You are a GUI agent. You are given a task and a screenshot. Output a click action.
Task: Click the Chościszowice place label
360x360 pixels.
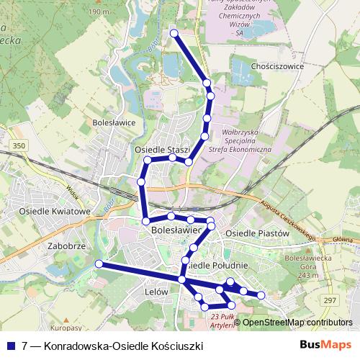[277, 66]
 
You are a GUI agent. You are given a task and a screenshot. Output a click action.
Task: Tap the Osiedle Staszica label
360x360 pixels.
[162, 149]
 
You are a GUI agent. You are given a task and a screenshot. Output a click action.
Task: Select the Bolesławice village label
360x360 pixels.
[114, 122]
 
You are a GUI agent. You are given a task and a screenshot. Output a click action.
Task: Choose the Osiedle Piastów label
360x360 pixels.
[257, 234]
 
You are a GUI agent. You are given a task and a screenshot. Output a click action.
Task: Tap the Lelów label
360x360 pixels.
[156, 292]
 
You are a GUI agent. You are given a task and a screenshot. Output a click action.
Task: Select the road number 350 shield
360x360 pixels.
[19, 146]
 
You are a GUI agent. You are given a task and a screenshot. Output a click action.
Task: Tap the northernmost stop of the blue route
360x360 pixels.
[174, 32]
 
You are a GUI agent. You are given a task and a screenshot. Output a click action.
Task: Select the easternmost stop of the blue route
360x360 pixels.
[261, 295]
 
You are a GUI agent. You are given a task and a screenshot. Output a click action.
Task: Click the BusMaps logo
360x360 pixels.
[325, 346]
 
